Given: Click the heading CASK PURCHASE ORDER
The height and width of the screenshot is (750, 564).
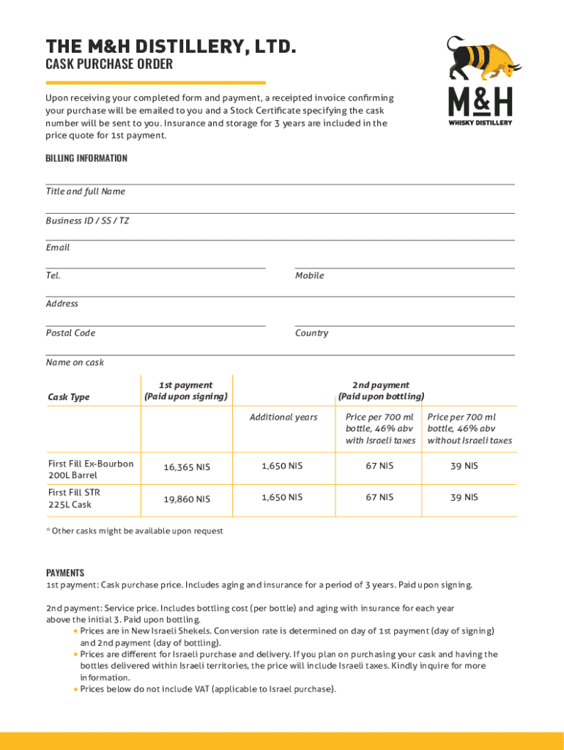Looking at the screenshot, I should click(x=109, y=64).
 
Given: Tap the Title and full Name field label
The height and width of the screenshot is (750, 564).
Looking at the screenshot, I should click(x=86, y=192).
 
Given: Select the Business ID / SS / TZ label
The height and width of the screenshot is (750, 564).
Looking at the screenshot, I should click(x=87, y=220).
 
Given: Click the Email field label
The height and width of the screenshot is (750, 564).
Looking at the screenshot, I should click(x=58, y=248).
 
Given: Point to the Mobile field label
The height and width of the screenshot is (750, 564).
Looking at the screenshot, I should click(x=309, y=275).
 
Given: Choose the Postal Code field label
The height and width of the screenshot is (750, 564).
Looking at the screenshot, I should click(x=70, y=333).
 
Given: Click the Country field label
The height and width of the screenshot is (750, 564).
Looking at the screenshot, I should click(x=311, y=333).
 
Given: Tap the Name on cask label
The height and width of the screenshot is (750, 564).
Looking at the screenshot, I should click(x=75, y=363).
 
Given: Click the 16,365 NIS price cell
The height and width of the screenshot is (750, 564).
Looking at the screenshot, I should click(x=185, y=467).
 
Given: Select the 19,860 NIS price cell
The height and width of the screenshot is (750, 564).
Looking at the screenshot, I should click(x=185, y=500).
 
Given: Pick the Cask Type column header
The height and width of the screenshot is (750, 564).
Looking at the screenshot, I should click(x=69, y=397).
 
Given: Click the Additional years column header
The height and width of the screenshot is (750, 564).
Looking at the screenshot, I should click(x=283, y=417).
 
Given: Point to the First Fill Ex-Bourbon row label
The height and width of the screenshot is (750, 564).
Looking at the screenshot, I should click(x=90, y=469).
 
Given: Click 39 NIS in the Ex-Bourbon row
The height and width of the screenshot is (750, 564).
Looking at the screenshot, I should click(x=464, y=466).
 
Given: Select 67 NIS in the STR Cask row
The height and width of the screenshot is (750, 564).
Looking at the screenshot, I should click(x=379, y=497).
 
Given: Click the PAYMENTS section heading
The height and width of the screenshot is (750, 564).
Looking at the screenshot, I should click(x=65, y=573).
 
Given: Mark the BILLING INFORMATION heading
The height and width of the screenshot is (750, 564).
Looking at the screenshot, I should click(x=86, y=158).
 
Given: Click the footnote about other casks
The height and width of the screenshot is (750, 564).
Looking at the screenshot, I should click(x=134, y=531).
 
